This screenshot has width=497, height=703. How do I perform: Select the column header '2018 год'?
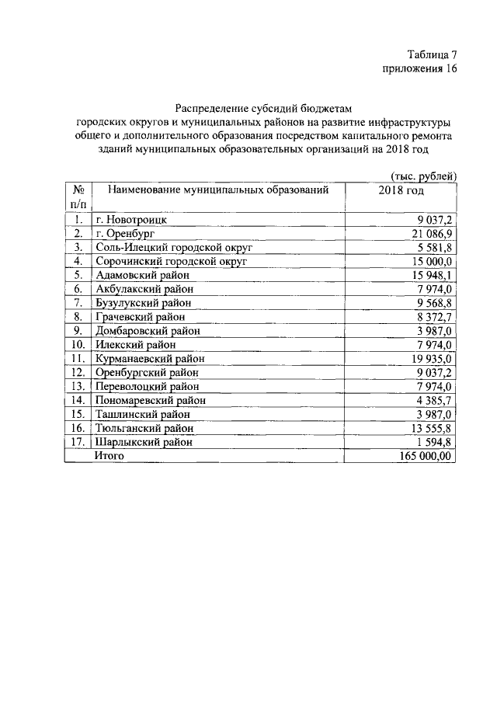(401, 190)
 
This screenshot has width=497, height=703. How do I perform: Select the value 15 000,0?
(429, 261)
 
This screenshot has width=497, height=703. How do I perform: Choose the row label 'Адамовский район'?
(141, 275)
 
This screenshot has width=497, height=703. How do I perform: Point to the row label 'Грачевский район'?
(141, 317)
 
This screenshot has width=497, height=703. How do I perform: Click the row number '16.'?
(78, 428)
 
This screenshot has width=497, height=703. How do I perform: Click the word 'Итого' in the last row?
(109, 456)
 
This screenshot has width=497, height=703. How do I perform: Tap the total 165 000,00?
(424, 456)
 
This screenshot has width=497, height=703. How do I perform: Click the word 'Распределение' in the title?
(213, 109)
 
